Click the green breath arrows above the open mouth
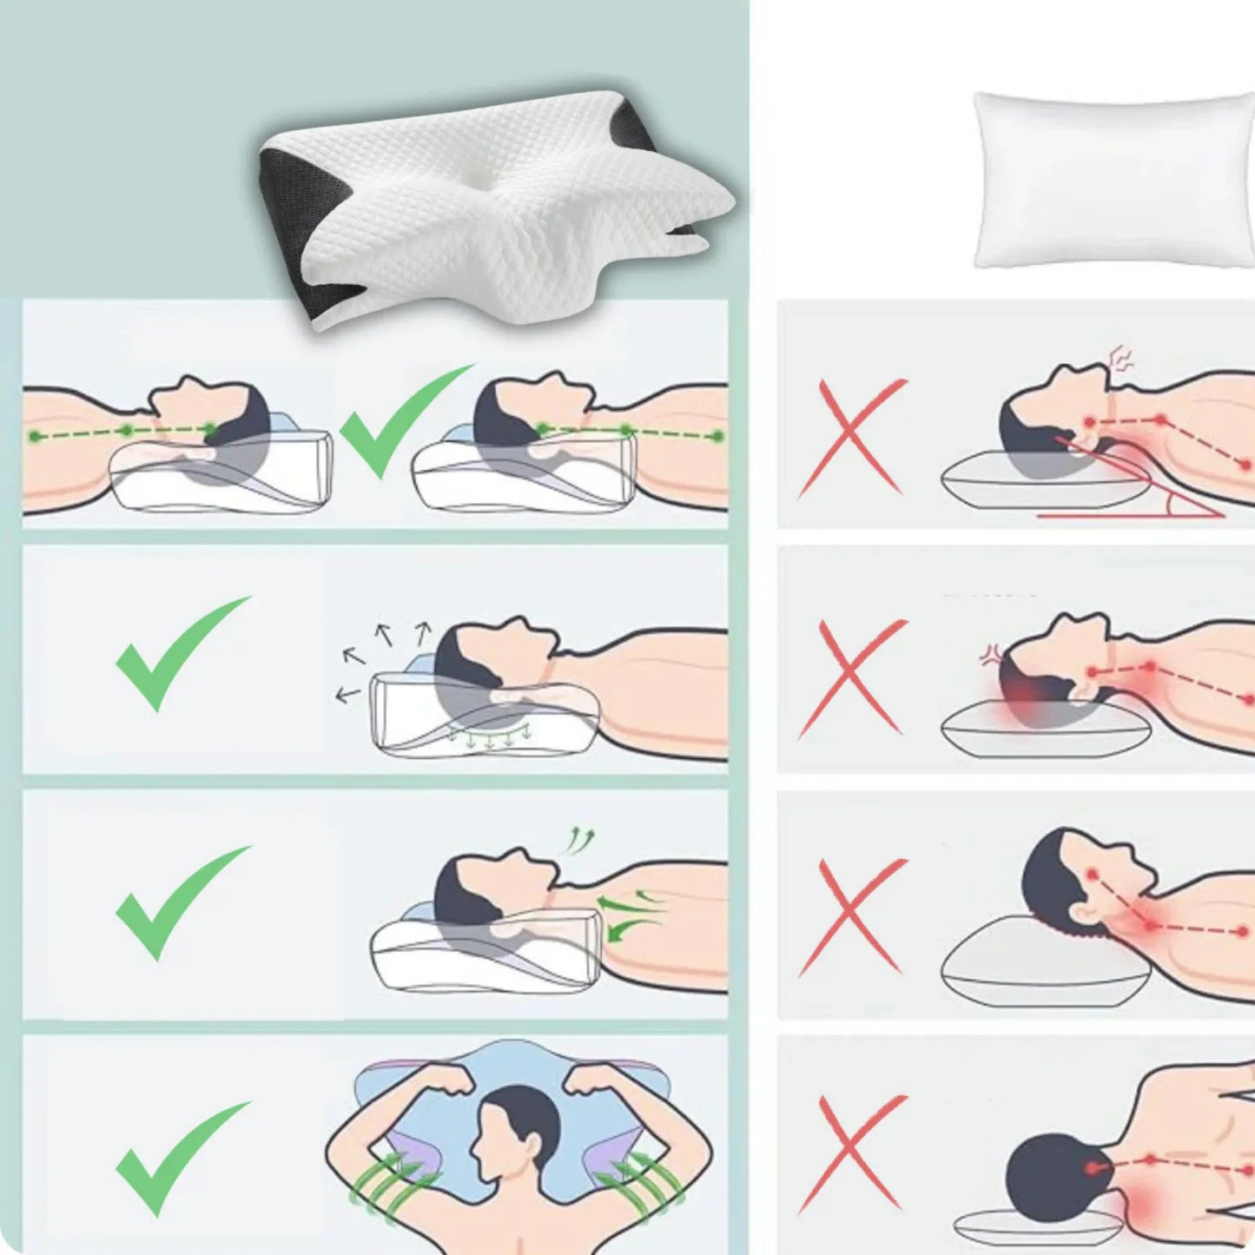pos(579,840)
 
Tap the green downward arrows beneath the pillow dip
pos(491,738)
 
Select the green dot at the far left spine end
pos(35,435)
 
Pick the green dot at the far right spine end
pos(717,435)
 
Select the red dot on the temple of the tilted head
pos(1092,872)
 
